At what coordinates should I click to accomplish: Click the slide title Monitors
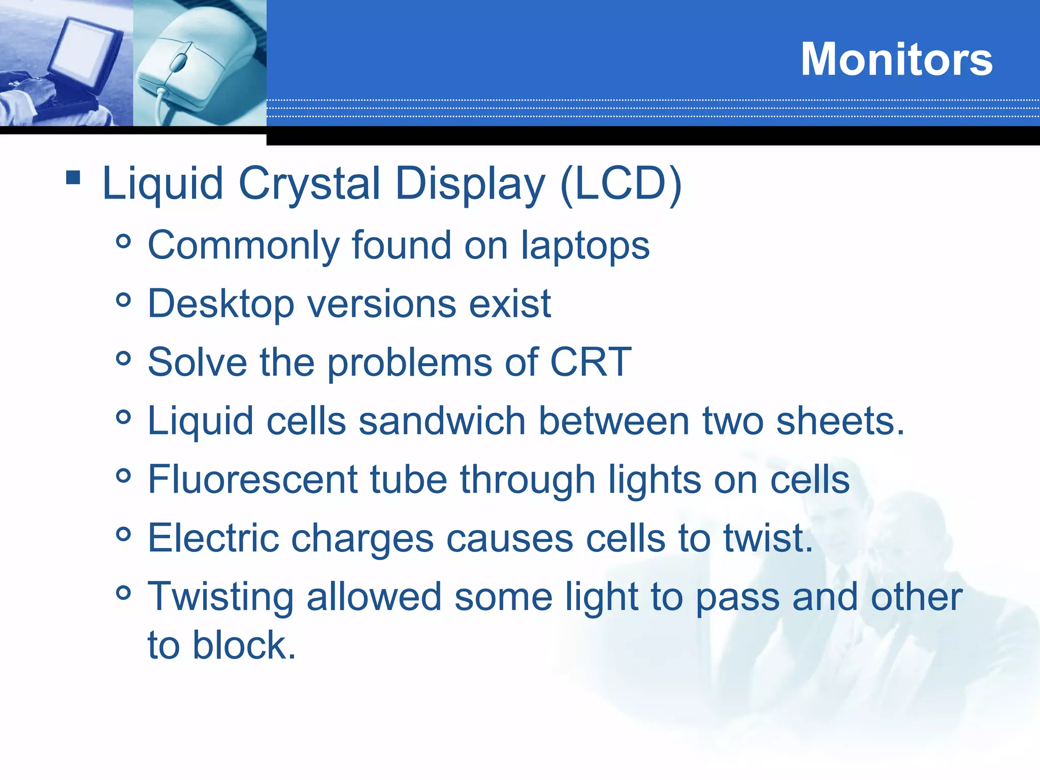[896, 59]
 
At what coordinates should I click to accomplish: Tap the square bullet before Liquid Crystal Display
[73, 177]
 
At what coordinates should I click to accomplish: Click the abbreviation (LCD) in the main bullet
[621, 183]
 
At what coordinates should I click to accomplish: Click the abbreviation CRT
[591, 362]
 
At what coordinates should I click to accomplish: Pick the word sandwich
[442, 421]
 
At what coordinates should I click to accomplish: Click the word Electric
[213, 538]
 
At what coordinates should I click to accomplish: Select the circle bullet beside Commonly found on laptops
[123, 241]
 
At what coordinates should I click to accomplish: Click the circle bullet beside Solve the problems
[123, 359]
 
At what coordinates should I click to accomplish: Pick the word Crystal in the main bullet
[309, 183]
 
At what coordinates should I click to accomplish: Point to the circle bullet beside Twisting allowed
[123, 593]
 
